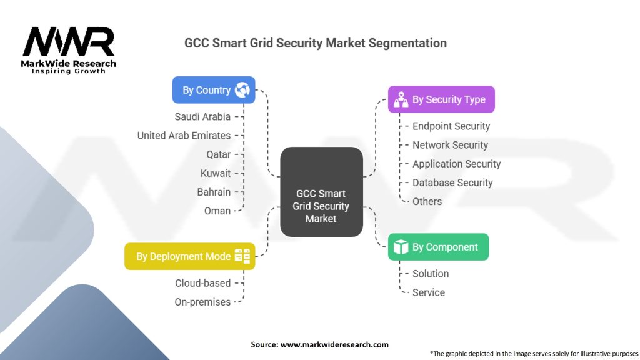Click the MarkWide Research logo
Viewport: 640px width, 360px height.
(x=69, y=50)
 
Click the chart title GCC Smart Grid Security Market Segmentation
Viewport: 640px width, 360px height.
(x=316, y=43)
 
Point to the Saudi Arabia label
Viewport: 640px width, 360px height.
(x=202, y=116)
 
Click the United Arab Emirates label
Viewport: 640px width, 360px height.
(x=184, y=135)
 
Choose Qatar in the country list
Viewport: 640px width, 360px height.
(x=219, y=154)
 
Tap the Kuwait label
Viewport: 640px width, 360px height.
(x=216, y=173)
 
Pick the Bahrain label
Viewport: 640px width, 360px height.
(x=214, y=192)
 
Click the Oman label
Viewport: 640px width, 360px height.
(x=217, y=211)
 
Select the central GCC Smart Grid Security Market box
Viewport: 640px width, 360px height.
(x=321, y=192)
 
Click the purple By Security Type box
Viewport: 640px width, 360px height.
(x=441, y=99)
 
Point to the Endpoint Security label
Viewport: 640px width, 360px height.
(x=451, y=126)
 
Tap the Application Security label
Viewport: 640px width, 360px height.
(x=456, y=164)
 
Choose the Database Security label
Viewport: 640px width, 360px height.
(x=452, y=182)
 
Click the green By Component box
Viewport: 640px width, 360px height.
(x=438, y=247)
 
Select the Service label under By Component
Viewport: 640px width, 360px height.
(x=429, y=292)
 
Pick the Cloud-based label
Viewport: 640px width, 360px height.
(x=203, y=283)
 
